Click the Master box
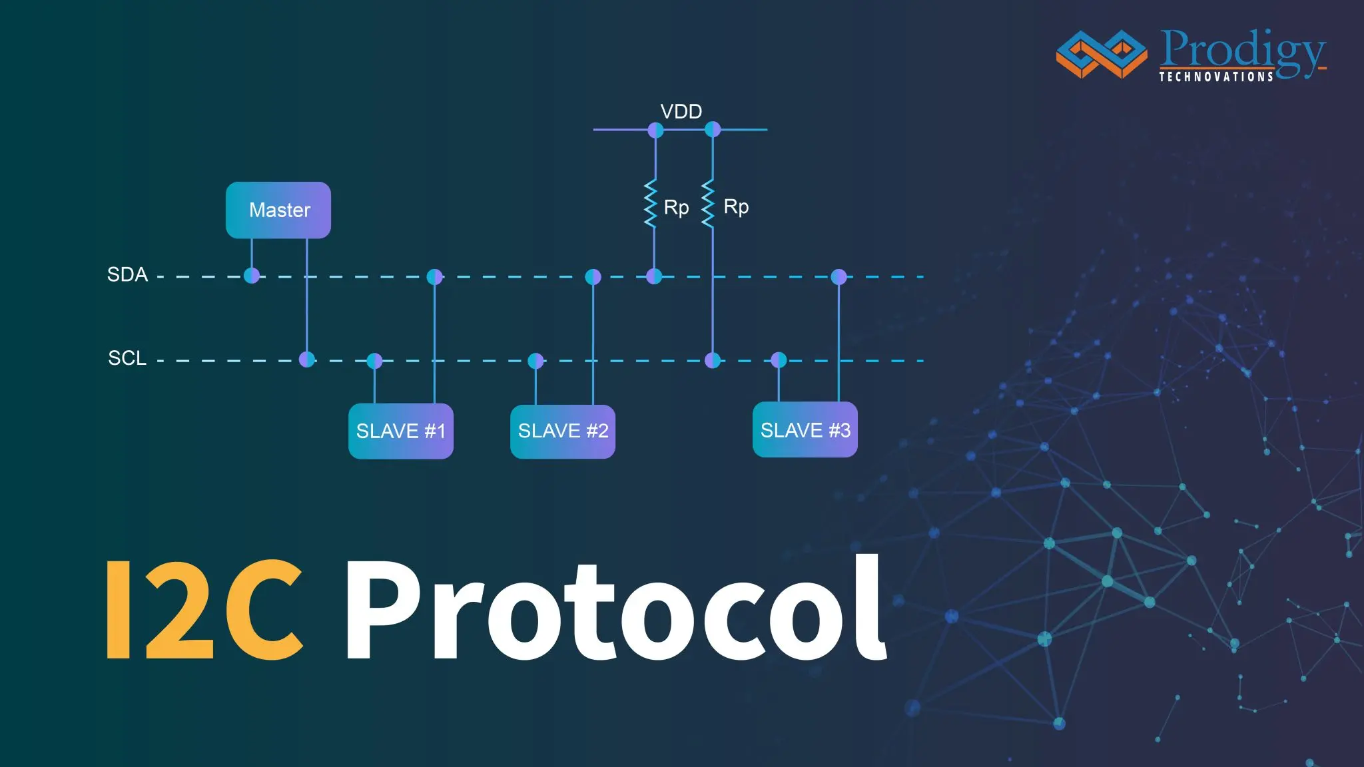(x=278, y=210)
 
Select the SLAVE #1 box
(x=401, y=431)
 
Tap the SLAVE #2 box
(x=563, y=431)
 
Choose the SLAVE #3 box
(x=805, y=430)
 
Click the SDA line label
(x=127, y=274)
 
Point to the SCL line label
(x=127, y=358)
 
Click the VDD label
(x=681, y=111)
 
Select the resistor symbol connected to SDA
(x=651, y=204)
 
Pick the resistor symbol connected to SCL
(x=709, y=204)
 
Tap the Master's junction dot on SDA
(x=252, y=276)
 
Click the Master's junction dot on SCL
(x=307, y=360)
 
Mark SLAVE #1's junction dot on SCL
(x=375, y=361)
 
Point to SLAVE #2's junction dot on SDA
(x=593, y=276)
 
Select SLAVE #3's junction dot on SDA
(x=839, y=276)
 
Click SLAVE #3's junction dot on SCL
(x=779, y=360)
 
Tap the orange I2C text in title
(x=205, y=610)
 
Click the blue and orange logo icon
(x=1102, y=54)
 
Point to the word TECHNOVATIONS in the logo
(x=1216, y=77)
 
